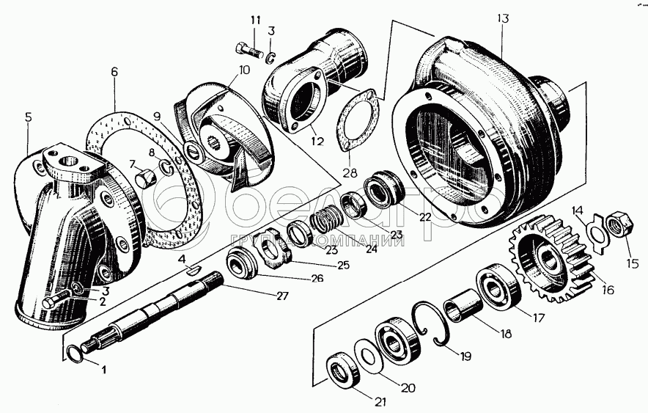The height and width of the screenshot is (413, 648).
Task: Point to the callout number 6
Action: tap(114, 72)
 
